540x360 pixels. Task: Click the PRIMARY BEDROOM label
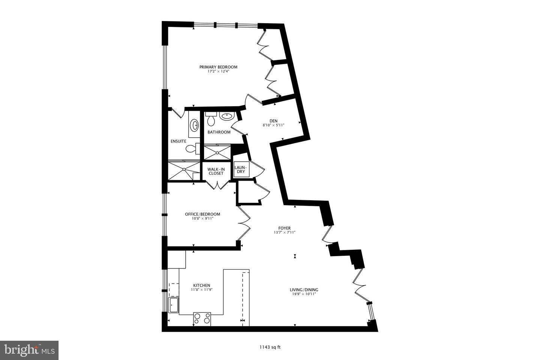[x=218, y=67]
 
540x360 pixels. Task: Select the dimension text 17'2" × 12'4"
[x=218, y=71]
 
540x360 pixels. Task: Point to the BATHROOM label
[x=219, y=132]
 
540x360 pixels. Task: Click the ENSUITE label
[x=178, y=141]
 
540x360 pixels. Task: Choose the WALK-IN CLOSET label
[x=216, y=171]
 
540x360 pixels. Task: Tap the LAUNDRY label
[x=240, y=169]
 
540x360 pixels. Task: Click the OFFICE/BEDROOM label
[x=202, y=214]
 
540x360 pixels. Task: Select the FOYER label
[x=284, y=228]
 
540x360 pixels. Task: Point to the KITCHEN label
[x=202, y=285]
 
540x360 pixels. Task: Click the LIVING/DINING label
[x=304, y=289]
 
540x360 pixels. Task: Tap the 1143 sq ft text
[x=270, y=347]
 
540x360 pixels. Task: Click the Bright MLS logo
[x=29, y=351]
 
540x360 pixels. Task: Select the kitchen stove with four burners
[x=202, y=318]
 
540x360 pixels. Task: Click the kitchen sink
[x=174, y=305]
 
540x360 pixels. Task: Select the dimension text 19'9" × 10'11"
[x=304, y=294]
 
